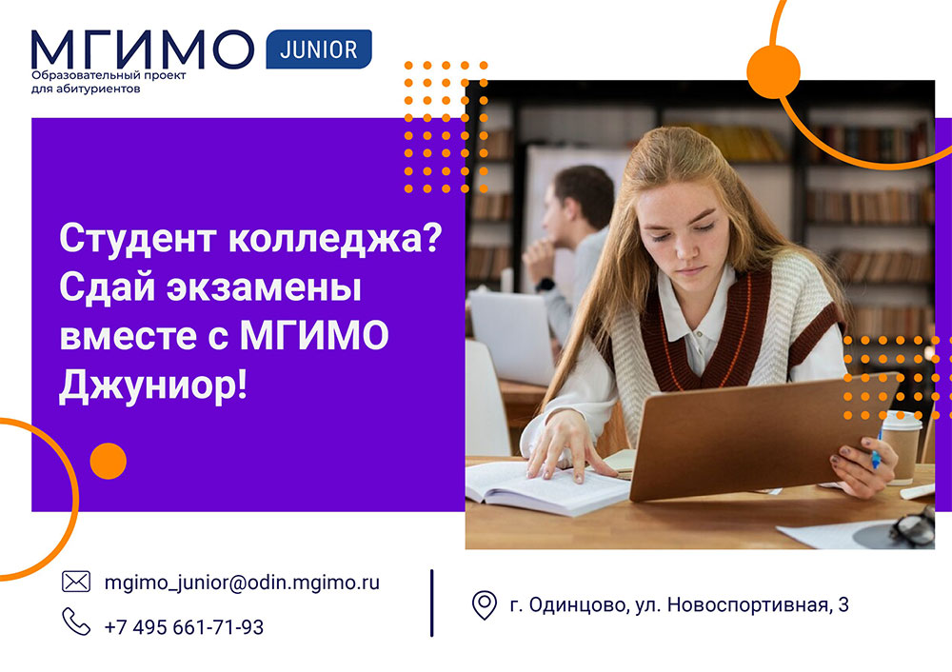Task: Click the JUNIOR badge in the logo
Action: tap(319, 49)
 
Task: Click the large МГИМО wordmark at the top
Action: tap(143, 50)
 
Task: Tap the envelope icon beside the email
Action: tap(75, 582)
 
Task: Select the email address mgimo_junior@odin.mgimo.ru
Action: tap(242, 582)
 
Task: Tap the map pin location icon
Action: tap(485, 604)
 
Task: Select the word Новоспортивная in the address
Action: tap(744, 605)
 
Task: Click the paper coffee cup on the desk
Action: tap(901, 447)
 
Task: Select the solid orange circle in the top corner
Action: tap(773, 70)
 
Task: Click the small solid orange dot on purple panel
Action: tap(109, 461)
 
